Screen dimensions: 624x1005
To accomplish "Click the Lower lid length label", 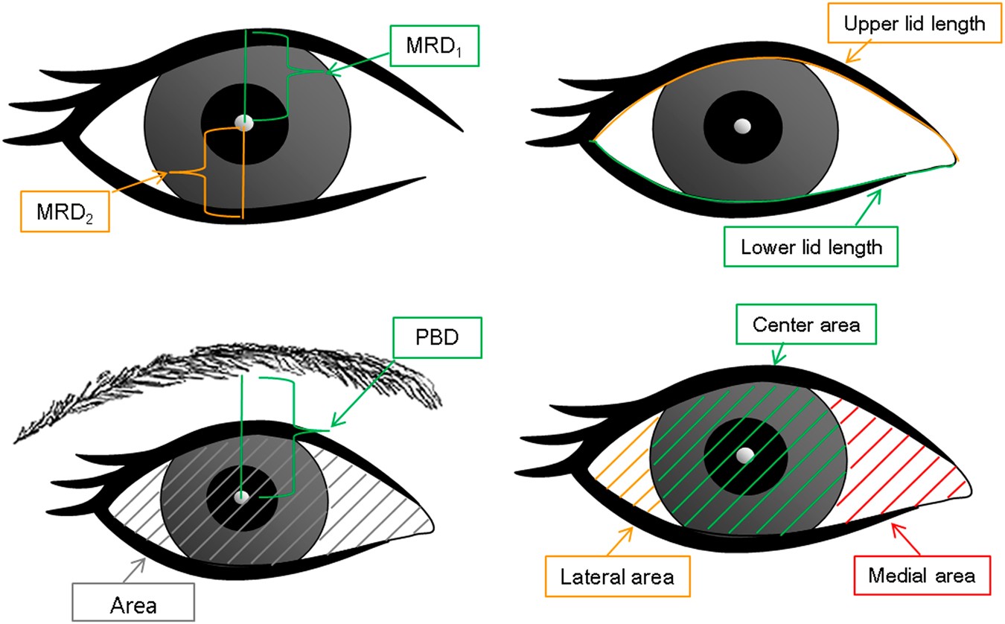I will pos(811,246).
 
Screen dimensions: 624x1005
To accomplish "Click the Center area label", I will pos(805,325).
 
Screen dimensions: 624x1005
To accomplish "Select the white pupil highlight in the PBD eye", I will pos(241,497).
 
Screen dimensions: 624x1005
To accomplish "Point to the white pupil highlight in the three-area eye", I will pos(744,455).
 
